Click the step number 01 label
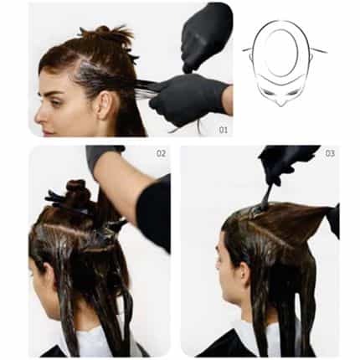223,130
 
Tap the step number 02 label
162,153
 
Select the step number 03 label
330,153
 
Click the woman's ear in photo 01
104,104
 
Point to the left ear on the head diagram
250,59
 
